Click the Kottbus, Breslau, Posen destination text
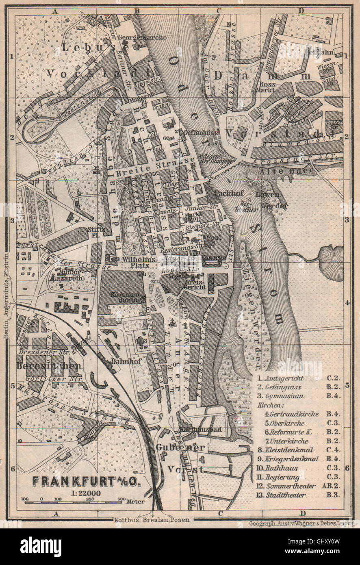(153, 520)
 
